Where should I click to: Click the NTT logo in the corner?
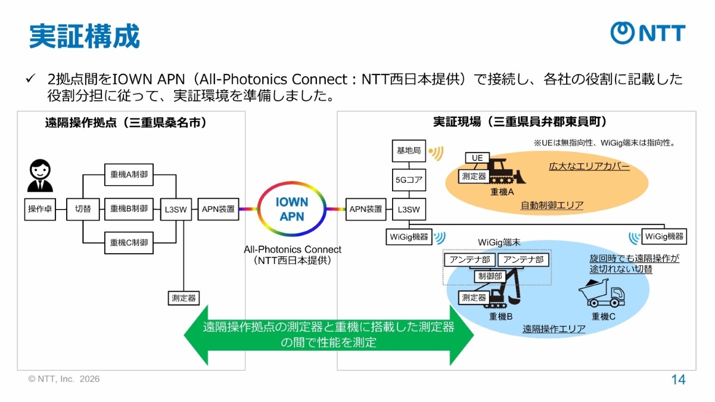pos(648,33)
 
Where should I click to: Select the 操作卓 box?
pos(41,209)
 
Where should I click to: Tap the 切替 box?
pos(83,209)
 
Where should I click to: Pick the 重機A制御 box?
pos(129,174)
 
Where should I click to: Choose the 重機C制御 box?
pos(129,243)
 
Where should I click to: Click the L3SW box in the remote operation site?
pos(176,209)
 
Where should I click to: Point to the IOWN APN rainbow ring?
pos(292,209)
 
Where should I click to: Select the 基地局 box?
pos(409,151)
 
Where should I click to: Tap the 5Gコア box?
pos(409,179)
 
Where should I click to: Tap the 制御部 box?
pos(490,276)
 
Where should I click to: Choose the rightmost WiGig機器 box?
pos(664,236)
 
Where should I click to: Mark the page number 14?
pos(678,380)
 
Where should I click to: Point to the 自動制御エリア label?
pos(552,205)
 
